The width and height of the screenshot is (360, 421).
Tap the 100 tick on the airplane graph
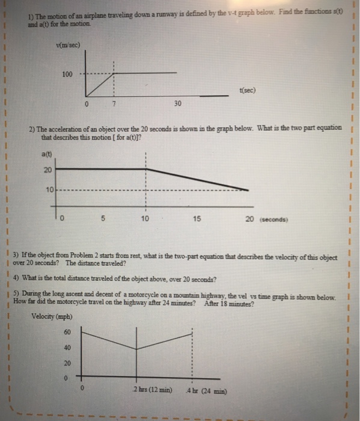click(67, 74)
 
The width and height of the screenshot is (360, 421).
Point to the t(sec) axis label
click(247, 90)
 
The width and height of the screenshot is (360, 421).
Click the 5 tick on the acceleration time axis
click(103, 218)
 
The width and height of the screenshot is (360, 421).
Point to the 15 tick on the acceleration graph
click(196, 218)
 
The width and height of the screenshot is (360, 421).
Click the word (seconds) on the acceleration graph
click(276, 219)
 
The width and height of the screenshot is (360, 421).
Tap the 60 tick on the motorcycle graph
click(67, 332)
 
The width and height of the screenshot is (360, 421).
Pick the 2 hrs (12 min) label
click(153, 390)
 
